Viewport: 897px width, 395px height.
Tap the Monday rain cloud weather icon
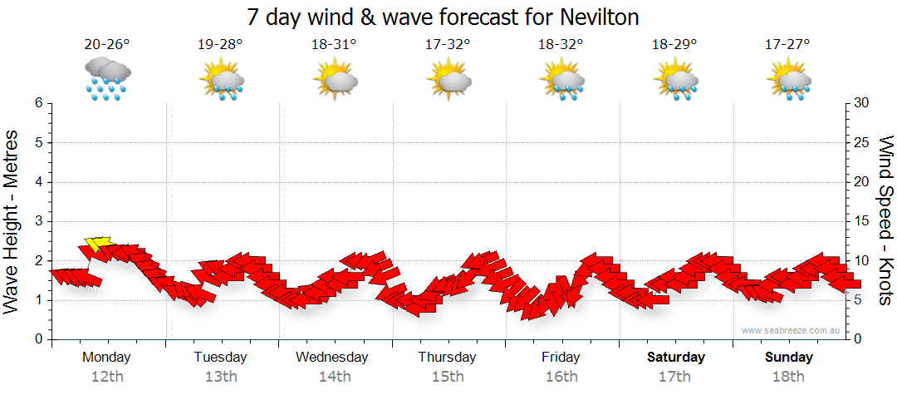pos(107,79)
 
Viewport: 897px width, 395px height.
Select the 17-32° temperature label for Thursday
pos(448,45)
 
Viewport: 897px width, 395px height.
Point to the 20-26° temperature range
pos(106,45)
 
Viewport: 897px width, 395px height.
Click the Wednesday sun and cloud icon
pos(335,80)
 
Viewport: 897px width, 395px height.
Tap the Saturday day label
pos(676,358)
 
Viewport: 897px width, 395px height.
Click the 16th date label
pos(561,377)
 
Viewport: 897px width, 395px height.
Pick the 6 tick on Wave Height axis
pos(38,103)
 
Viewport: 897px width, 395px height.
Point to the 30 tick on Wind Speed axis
pos(862,103)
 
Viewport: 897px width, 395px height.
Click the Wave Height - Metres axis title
pos(12,221)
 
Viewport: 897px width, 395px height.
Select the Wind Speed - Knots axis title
pos(885,221)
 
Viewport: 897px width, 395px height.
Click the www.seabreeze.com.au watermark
pos(792,331)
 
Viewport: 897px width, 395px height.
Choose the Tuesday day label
pos(220,358)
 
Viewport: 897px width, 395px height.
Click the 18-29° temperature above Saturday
pos(675,45)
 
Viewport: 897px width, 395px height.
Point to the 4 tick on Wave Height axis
pos(38,182)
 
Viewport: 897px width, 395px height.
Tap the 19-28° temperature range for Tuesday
pos(220,45)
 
